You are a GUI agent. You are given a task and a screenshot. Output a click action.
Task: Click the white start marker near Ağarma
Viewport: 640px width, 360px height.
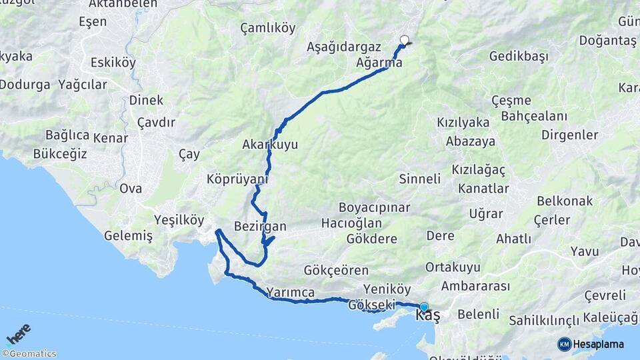tap(403, 39)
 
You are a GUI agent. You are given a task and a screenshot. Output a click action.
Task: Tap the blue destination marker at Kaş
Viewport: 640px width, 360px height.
tap(424, 307)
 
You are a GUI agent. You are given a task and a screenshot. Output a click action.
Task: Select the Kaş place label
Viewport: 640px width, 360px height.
tap(427, 315)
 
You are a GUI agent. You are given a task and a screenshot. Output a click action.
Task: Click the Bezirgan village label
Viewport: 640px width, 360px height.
tap(260, 226)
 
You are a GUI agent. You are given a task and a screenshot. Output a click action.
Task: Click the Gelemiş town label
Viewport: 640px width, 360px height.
tap(129, 235)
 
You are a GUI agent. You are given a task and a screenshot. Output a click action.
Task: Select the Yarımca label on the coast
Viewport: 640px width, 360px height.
tap(290, 292)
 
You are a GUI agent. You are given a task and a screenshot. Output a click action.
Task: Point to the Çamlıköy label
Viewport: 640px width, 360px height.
tap(268, 28)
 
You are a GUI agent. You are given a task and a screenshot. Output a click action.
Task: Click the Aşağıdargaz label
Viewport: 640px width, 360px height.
tap(343, 47)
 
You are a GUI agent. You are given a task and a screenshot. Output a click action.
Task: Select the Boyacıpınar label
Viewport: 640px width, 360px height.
tap(374, 207)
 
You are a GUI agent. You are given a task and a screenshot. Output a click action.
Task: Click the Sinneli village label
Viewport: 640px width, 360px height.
tap(420, 179)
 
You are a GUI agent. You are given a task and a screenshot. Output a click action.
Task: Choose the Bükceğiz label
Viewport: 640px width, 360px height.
tap(60, 154)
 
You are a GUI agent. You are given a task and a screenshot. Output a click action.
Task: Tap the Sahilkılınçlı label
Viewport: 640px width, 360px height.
tap(544, 321)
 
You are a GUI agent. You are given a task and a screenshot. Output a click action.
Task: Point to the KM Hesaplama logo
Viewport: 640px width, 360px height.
tap(591, 344)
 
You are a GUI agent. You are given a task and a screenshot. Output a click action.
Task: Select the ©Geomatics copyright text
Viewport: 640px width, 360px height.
tap(29, 354)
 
